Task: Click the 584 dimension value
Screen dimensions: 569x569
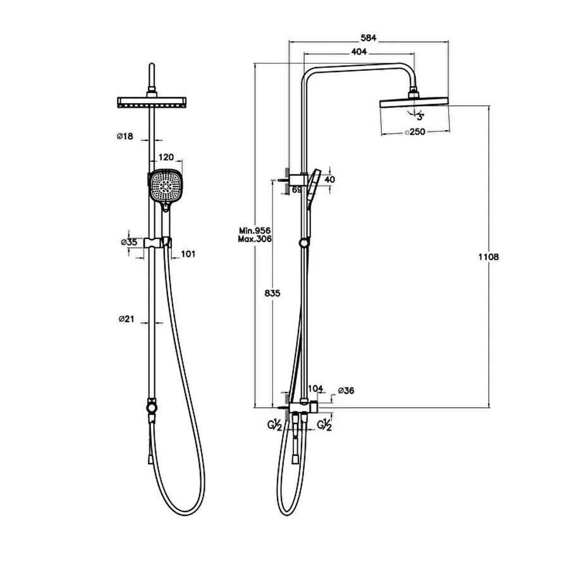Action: [x=369, y=38]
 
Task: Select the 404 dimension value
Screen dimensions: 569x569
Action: [x=359, y=52]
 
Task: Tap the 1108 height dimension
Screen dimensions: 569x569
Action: [x=489, y=257]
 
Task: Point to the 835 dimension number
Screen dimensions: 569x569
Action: [x=272, y=293]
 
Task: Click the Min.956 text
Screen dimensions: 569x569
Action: [x=255, y=231]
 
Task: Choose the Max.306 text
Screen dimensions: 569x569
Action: [x=255, y=239]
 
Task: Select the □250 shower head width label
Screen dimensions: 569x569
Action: [x=415, y=132]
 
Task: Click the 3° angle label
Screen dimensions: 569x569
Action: [x=420, y=117]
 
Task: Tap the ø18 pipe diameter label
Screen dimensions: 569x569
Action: [x=125, y=137]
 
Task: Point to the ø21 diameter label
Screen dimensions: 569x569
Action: [x=126, y=319]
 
